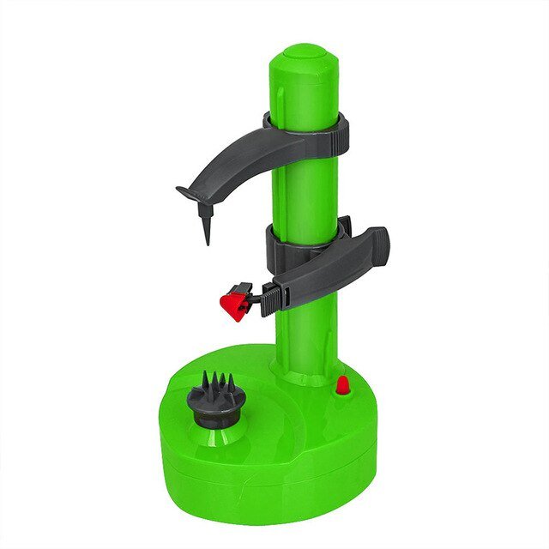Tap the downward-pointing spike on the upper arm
(208, 227)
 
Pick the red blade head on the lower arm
(233, 305)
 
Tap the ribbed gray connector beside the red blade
(270, 297)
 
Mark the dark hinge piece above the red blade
(244, 289)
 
